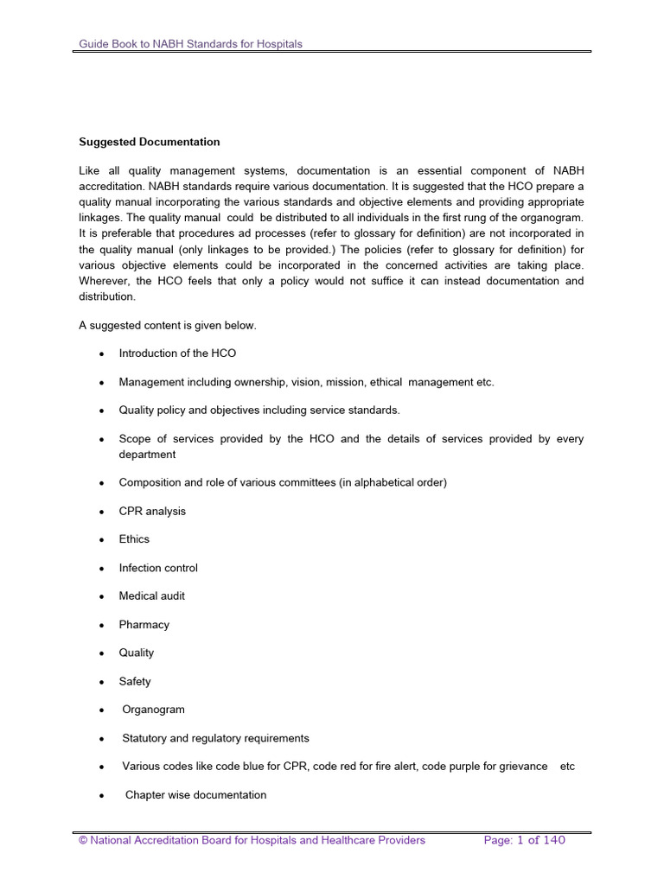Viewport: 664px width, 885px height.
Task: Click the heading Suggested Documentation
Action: tap(149, 142)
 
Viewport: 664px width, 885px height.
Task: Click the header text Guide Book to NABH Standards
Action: tap(190, 43)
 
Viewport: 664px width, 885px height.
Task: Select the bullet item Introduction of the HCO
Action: tap(177, 353)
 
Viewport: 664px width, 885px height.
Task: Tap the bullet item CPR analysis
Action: tap(152, 511)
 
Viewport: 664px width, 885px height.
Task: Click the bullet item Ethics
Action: tap(134, 539)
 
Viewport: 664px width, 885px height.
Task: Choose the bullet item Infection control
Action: tap(158, 568)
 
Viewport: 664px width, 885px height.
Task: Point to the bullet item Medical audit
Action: tap(151, 596)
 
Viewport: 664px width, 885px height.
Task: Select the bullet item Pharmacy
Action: tap(144, 625)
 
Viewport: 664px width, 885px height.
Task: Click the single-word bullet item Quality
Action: tap(137, 653)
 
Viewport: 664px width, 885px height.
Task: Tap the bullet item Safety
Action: tap(135, 682)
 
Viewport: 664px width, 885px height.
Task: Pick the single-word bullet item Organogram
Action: tap(153, 710)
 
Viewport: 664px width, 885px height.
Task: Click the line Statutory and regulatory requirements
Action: tap(215, 738)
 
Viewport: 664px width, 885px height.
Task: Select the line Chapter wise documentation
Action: tap(196, 795)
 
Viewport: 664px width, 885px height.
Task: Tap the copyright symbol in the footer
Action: tap(83, 840)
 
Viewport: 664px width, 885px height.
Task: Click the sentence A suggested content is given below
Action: tap(168, 325)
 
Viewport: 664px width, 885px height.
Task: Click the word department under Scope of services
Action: tap(147, 455)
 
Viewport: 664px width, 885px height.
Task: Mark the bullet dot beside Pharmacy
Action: tap(102, 626)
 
